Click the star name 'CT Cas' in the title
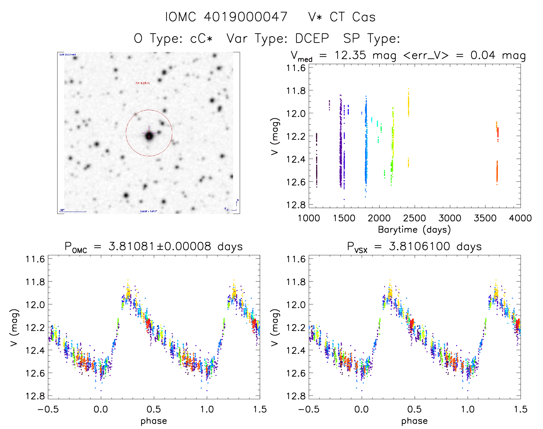[x=352, y=17]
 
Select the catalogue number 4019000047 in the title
[x=245, y=17]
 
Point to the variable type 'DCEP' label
[x=312, y=38]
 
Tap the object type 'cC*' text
[x=201, y=38]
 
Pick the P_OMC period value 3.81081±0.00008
[x=160, y=246]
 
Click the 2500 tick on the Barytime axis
[x=415, y=218]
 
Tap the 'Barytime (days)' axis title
[x=414, y=230]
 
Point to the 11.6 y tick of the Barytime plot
[x=296, y=68]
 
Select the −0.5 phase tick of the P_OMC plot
[x=48, y=409]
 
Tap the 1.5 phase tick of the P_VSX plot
[x=520, y=409]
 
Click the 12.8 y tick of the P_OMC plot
[x=35, y=396]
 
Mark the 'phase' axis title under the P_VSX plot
[x=414, y=421]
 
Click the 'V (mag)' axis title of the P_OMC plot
[x=14, y=327]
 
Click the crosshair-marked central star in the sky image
[x=149, y=136]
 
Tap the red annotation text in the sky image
[x=142, y=83]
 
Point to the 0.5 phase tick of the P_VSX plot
[x=415, y=409]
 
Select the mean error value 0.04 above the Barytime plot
[x=483, y=55]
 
